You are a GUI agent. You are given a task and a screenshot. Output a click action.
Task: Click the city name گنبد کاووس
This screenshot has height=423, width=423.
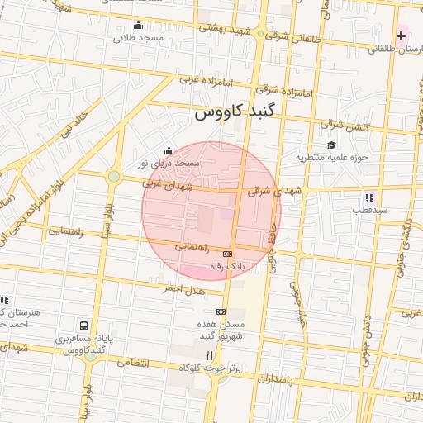point(238,113)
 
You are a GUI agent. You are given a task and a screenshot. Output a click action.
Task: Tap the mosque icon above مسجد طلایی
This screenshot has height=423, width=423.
point(137,25)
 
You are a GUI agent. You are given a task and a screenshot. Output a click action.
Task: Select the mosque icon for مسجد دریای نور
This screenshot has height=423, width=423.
point(169,150)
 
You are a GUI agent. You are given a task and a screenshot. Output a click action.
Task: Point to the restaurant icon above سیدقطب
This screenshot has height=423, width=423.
point(369,197)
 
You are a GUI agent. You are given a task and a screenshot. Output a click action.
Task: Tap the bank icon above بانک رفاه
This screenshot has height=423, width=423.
point(227,254)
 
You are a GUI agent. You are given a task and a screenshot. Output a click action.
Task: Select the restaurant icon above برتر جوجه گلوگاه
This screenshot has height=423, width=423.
point(209,354)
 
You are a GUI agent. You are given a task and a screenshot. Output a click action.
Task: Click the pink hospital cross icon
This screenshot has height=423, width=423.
point(402,36)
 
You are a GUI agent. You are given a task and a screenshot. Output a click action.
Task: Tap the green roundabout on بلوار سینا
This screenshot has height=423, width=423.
point(113,176)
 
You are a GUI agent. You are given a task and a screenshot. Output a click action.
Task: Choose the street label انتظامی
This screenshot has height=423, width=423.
point(132,363)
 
